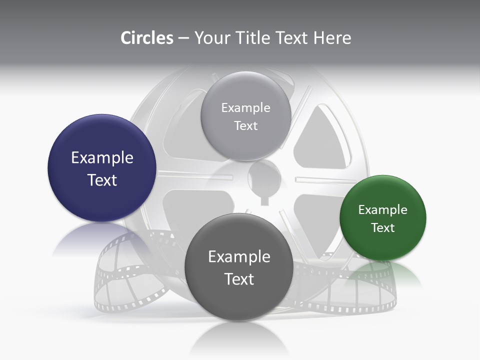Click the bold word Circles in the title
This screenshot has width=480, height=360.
(146, 38)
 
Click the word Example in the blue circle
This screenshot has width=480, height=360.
(102, 158)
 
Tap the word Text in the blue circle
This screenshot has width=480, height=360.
(102, 180)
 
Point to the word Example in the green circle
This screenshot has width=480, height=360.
(383, 210)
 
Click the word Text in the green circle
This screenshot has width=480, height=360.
(383, 228)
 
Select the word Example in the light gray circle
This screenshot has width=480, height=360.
(246, 108)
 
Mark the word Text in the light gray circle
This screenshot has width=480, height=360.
(246, 126)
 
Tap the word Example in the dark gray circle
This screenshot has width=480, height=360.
(239, 257)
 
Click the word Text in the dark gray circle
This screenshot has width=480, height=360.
(239, 279)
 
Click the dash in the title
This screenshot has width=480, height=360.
(183, 38)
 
